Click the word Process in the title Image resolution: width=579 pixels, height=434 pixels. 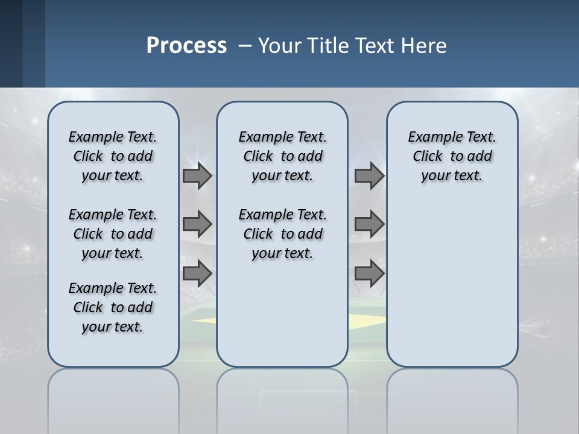186,45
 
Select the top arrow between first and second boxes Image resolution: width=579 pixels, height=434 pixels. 197,175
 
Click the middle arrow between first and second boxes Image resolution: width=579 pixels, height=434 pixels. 197,224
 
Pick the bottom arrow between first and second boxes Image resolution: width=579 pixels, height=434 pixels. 197,274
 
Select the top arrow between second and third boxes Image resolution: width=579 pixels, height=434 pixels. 369,175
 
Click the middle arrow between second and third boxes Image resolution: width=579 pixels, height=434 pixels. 369,224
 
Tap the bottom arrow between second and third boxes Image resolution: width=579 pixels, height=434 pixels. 369,274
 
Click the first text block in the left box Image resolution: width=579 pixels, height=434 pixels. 113,156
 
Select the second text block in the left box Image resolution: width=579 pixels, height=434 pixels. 113,234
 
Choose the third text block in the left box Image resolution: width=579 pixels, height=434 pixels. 113,307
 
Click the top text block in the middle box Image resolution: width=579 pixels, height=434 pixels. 282,156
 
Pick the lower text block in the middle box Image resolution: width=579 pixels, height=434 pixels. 282,234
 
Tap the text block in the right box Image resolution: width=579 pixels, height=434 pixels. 452,156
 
